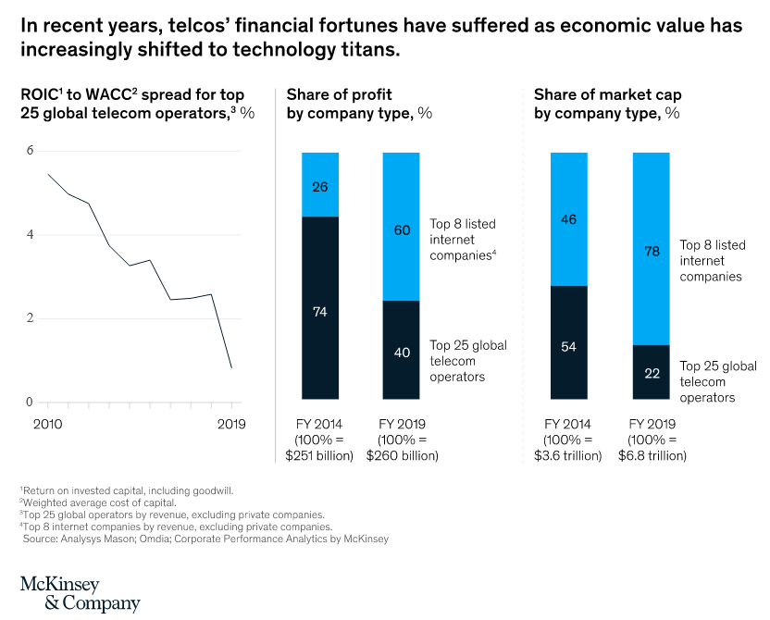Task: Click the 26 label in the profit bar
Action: click(x=320, y=187)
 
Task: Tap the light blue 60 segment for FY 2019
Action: click(x=401, y=230)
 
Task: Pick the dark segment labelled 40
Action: click(x=401, y=353)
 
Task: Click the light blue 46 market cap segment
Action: click(x=568, y=220)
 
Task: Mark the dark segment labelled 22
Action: click(x=651, y=373)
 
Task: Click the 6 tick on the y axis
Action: click(x=30, y=151)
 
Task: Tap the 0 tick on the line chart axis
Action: click(x=30, y=403)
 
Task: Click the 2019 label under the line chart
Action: click(x=230, y=425)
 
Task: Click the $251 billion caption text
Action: click(x=320, y=455)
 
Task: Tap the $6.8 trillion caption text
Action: click(x=652, y=455)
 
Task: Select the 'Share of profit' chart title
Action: click(x=339, y=95)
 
